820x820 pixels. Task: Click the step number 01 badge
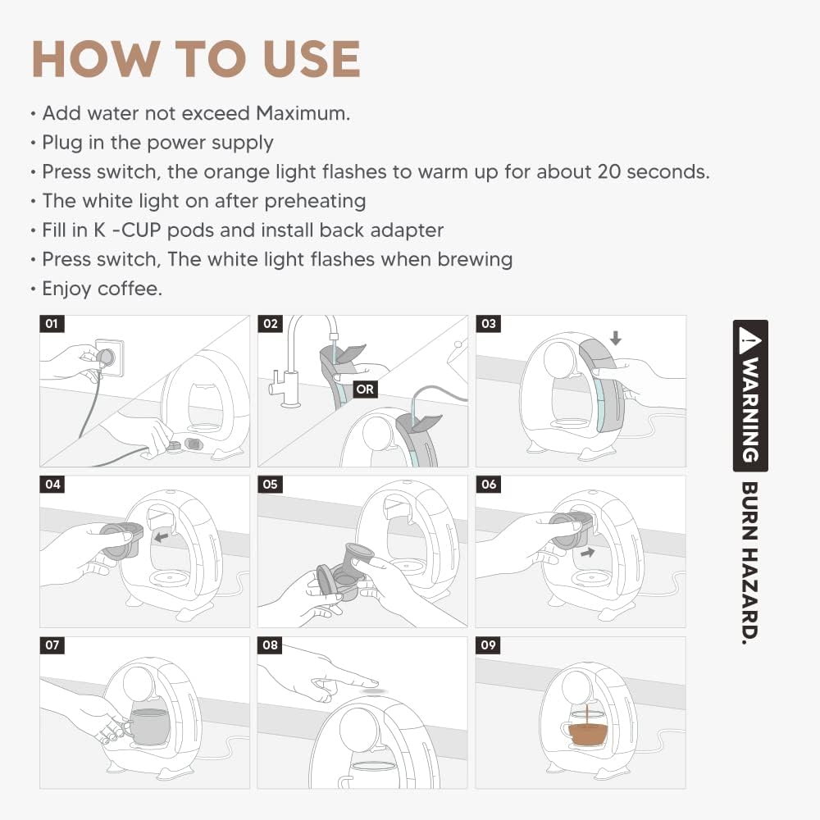tap(52, 324)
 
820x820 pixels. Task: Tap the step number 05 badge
tap(270, 485)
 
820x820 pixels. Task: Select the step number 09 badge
tap(488, 645)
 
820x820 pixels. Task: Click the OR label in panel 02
tap(365, 389)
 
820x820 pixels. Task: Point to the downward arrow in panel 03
tap(616, 338)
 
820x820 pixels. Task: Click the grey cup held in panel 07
tap(148, 727)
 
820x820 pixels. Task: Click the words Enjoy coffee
tap(102, 289)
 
